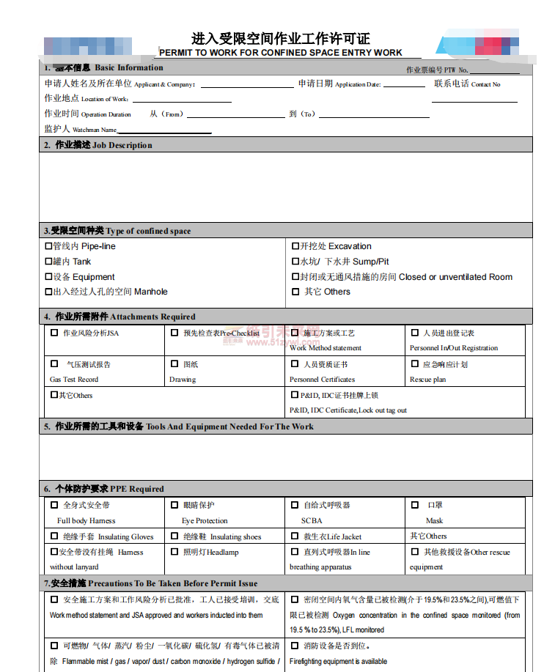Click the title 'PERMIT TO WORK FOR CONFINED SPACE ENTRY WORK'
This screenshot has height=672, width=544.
281,53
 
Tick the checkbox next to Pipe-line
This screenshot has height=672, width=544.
49,246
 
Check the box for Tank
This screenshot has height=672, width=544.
49,262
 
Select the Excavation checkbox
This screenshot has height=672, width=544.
295,246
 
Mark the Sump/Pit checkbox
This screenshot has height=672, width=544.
295,262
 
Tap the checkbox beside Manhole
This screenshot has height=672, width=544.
49,292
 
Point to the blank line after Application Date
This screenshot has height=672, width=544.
404,86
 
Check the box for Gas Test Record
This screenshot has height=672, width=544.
54,363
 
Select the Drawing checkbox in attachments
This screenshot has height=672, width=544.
174,363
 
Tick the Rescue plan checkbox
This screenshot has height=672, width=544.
415,363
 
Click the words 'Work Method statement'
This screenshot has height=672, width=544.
325,348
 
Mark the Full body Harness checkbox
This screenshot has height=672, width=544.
54,505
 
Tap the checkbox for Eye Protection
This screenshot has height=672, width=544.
174,505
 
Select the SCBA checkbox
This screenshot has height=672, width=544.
295,505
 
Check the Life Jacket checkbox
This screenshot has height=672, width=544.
295,536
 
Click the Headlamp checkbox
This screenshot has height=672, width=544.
174,552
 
